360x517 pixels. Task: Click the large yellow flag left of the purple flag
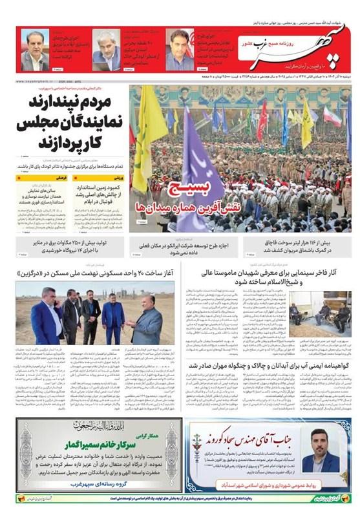(144, 139)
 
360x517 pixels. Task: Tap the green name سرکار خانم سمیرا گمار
(89, 444)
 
